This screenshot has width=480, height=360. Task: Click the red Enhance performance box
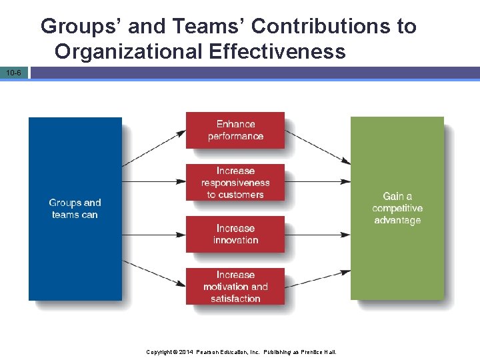(235, 130)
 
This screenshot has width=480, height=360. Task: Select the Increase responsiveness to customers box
(235, 182)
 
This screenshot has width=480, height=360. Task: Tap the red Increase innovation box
(235, 234)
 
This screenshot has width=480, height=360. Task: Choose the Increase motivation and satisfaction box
(235, 286)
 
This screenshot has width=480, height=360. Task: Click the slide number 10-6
(14, 72)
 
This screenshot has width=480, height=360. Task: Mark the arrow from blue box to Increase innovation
(154, 234)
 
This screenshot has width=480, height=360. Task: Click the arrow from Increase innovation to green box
(317, 234)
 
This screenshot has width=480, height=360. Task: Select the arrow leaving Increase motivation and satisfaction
(317, 279)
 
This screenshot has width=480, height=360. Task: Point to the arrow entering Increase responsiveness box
(154, 181)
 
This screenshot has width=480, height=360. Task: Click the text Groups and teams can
(75, 209)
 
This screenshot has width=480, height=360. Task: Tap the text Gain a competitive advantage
(397, 208)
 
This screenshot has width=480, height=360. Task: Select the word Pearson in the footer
(207, 351)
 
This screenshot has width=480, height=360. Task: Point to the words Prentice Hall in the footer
(319, 351)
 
